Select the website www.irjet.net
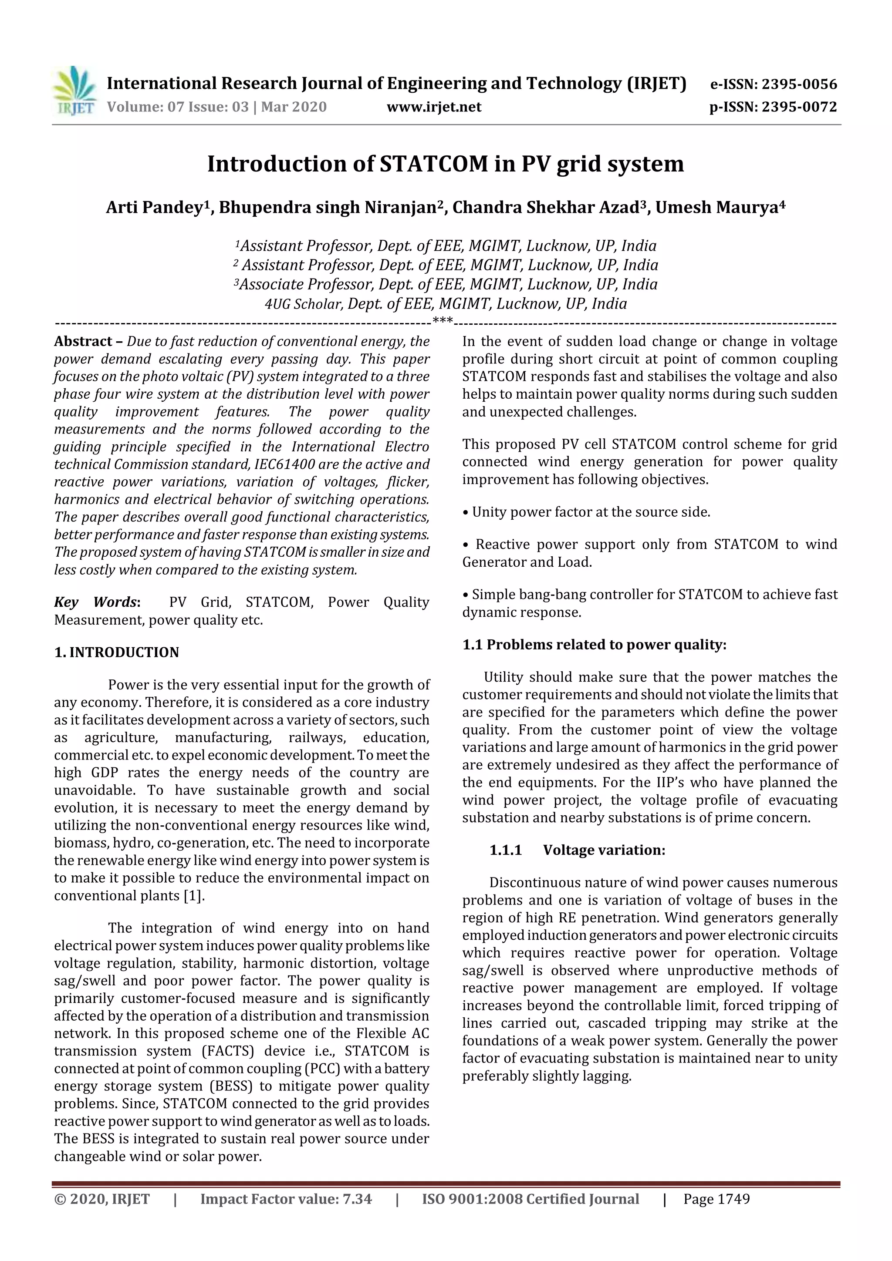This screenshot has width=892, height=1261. (434, 107)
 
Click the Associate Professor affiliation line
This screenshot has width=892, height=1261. (446, 285)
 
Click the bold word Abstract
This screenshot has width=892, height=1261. (83, 341)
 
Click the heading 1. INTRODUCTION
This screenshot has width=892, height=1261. (117, 652)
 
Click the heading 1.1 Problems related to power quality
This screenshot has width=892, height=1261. (594, 645)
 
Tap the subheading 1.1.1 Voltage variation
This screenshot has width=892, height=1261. (577, 850)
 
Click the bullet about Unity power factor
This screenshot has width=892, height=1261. (586, 512)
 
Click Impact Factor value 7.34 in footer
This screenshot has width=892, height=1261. (286, 1199)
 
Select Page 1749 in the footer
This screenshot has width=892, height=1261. (716, 1199)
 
